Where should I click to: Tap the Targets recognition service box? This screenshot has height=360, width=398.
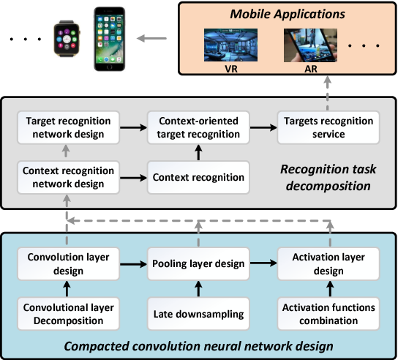pyautogui.click(x=326, y=127)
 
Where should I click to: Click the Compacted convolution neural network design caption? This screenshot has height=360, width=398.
pyautogui.click(x=199, y=344)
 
